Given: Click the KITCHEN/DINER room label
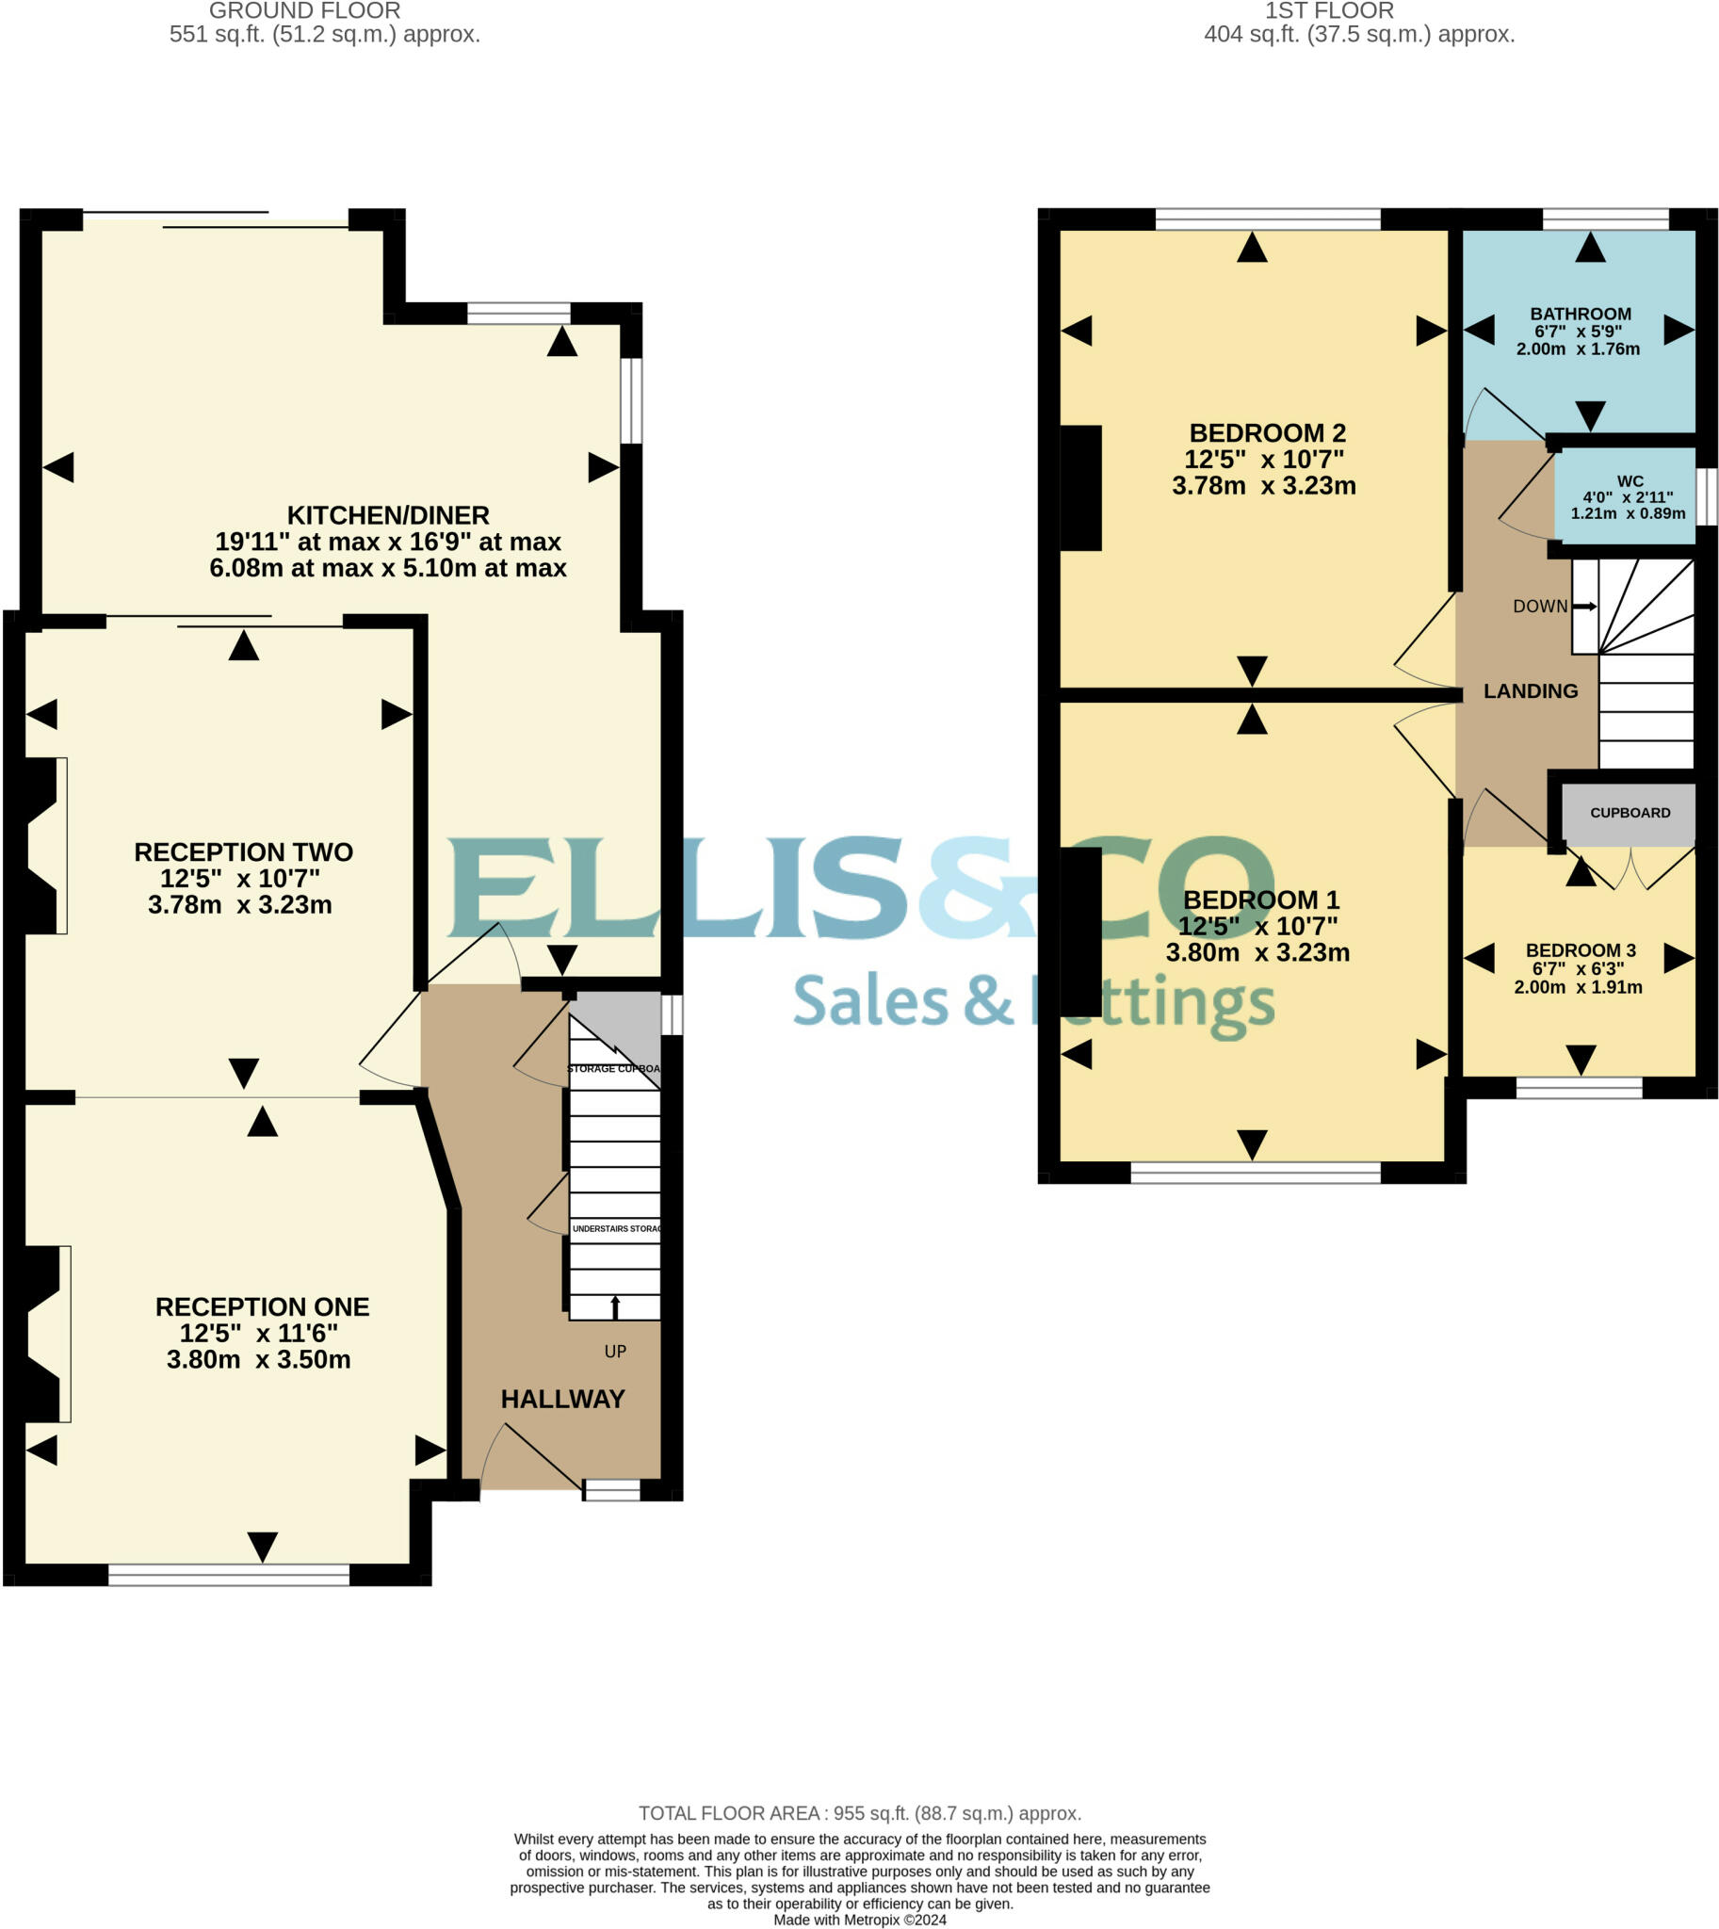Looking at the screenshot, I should [387, 516].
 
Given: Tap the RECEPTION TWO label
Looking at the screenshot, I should [243, 852].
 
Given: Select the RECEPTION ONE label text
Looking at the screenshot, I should [262, 1306].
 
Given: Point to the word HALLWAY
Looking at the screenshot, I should [562, 1399].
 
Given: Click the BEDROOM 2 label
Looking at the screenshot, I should [1267, 433].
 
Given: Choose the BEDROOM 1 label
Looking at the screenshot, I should [1261, 900].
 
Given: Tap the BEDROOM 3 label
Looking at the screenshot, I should [1581, 950].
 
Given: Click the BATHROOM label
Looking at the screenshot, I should [1581, 314].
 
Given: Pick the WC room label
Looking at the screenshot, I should [1630, 481].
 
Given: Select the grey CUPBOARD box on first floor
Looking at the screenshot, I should [1630, 814].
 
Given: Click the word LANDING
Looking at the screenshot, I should [1530, 691].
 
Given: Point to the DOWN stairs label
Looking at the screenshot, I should [1539, 607].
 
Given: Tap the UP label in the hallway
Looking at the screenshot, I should [615, 1352].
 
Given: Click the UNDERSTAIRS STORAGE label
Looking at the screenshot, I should [616, 1229].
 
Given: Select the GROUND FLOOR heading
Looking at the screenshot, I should [304, 11].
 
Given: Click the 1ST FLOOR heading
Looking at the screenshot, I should [1329, 11].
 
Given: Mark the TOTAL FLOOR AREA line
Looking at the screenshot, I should [859, 1814].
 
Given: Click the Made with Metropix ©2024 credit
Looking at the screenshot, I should [859, 1920].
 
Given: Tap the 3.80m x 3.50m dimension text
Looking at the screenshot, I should [258, 1359].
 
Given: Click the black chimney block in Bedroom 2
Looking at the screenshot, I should [1080, 489].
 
